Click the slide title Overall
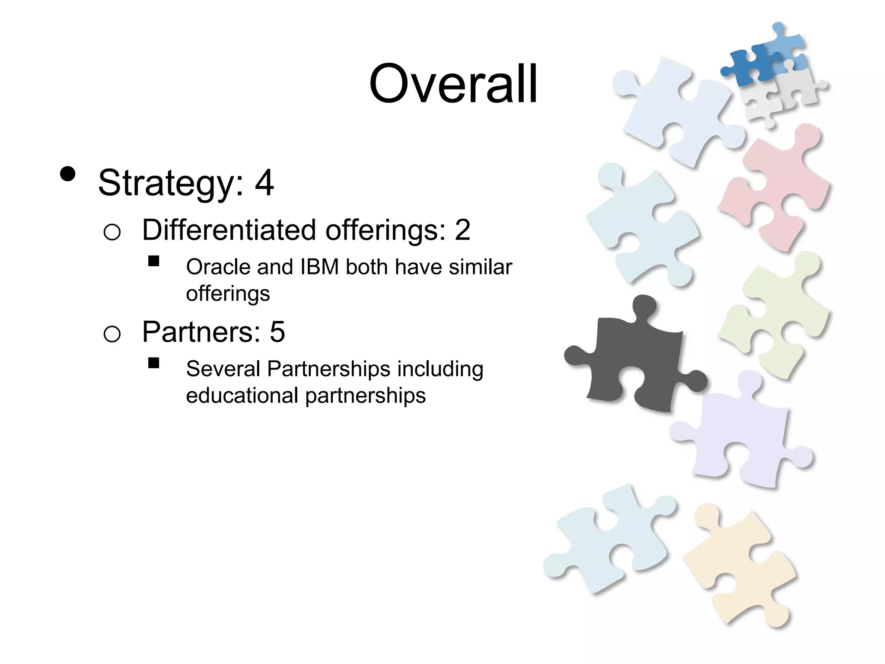click(x=453, y=84)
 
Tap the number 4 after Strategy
click(x=264, y=182)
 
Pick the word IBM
click(x=319, y=267)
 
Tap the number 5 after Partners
click(x=277, y=332)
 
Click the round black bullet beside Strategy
click(x=68, y=174)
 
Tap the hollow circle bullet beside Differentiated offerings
click(x=112, y=232)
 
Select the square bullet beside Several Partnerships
click(x=153, y=363)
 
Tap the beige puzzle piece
click(x=739, y=566)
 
